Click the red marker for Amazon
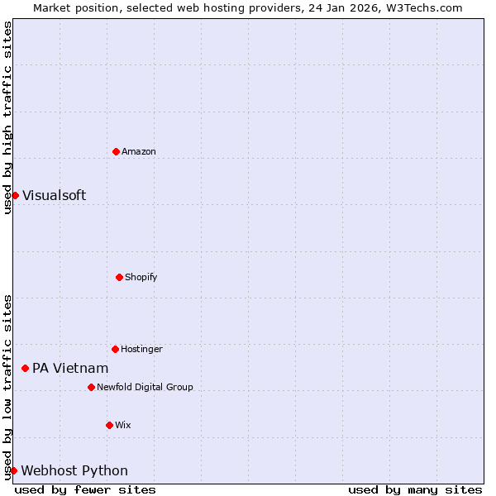click(x=116, y=151)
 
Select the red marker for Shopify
click(x=119, y=277)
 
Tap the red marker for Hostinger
click(x=115, y=349)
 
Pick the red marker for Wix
click(x=109, y=425)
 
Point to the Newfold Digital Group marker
click(x=91, y=387)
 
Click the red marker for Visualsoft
click(x=15, y=195)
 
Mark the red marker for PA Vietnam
click(x=25, y=368)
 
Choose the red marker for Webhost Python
click(x=13, y=470)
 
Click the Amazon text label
click(x=139, y=151)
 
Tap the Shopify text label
click(x=141, y=277)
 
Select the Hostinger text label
click(x=141, y=349)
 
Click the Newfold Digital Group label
click(x=145, y=387)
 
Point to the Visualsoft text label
click(x=54, y=195)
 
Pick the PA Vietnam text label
click(x=70, y=368)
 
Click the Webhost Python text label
click(x=74, y=470)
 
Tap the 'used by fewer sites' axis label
click(x=85, y=489)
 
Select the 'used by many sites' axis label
click(x=415, y=489)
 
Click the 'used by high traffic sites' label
click(x=7, y=117)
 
